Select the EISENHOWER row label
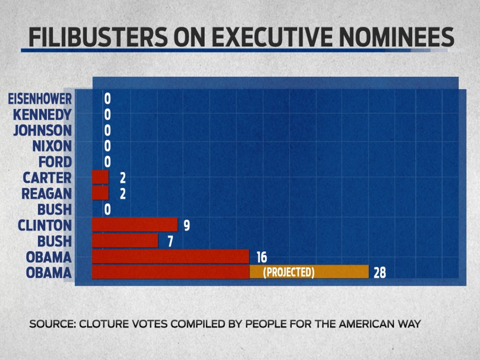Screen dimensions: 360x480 tap(40, 99)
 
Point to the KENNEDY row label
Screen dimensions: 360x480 tap(42, 115)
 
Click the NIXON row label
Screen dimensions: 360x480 tap(52, 146)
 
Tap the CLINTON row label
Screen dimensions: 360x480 tap(45, 225)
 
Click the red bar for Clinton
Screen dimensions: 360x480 tap(134, 225)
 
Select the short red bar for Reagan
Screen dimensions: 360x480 tap(100, 193)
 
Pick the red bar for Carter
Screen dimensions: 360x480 tap(100, 178)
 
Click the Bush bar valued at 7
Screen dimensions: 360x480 tap(125, 241)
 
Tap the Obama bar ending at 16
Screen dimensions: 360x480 tap(171, 257)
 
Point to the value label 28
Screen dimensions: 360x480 tap(379, 273)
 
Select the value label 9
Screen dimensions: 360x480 tap(187, 226)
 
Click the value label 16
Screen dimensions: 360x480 tap(261, 257)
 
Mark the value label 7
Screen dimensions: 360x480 tap(170, 241)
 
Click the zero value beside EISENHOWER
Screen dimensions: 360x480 tap(107, 99)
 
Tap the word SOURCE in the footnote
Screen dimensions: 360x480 tap(47, 324)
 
